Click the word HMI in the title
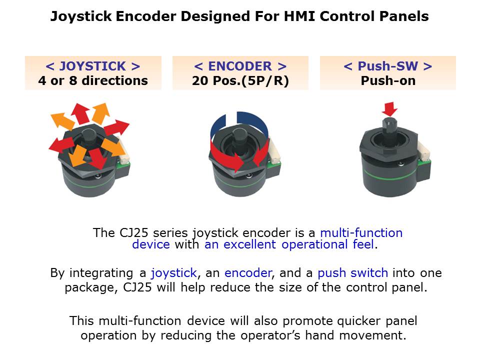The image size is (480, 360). [x=299, y=16]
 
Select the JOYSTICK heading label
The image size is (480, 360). [x=93, y=66]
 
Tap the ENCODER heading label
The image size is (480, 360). [x=240, y=66]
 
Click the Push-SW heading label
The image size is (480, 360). [x=388, y=66]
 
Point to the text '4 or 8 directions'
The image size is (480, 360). [x=93, y=80]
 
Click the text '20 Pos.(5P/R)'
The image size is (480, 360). [x=240, y=81]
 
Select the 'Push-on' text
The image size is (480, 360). [x=388, y=80]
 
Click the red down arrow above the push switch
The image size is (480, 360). [x=389, y=109]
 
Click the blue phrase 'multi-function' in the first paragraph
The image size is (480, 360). [x=361, y=232]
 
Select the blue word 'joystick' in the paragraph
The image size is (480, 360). [x=174, y=273]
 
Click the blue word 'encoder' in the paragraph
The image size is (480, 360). [x=248, y=273]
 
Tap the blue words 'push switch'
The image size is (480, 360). [x=353, y=273]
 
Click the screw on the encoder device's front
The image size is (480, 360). [x=249, y=175]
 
